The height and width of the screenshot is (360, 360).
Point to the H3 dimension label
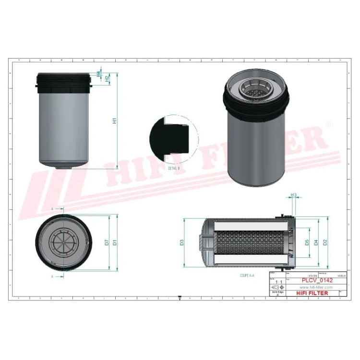[x=294, y=195]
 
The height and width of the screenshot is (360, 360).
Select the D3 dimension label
[x=182, y=242]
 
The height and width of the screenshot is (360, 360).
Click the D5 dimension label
[x=307, y=242]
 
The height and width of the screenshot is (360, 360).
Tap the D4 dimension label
[x=316, y=242]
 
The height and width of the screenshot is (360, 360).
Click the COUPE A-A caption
[x=247, y=276]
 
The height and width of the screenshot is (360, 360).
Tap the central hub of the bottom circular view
[x=62, y=242]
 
